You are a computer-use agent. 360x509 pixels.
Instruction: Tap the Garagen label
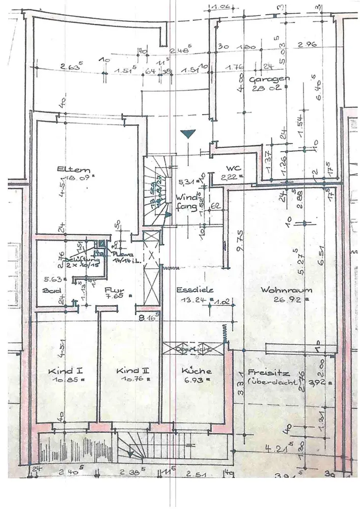point(270,79)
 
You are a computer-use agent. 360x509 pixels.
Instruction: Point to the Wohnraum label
point(279,290)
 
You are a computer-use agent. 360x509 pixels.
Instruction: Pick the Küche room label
point(196,371)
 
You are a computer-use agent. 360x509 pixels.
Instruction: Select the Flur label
point(112,291)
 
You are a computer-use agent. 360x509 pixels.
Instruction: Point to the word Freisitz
point(262,372)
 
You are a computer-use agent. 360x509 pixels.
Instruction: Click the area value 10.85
point(62,380)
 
